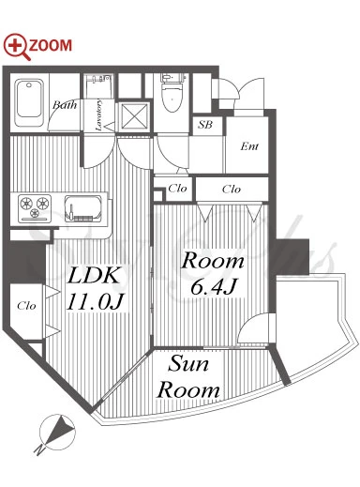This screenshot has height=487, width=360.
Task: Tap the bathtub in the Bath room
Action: (x=29, y=102)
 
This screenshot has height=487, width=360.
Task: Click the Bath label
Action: (x=65, y=105)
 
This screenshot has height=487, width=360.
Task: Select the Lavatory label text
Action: (x=98, y=115)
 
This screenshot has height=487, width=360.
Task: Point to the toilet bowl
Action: (x=172, y=93)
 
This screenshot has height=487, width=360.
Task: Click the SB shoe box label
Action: (x=205, y=125)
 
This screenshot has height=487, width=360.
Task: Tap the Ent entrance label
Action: (x=249, y=146)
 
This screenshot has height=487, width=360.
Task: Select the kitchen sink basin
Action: (x=83, y=208)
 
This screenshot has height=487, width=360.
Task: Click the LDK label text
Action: (x=94, y=275)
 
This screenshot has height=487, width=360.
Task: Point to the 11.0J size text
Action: (x=96, y=302)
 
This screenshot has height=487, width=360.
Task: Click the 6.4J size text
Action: (x=213, y=287)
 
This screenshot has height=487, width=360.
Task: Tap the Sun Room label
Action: (x=188, y=377)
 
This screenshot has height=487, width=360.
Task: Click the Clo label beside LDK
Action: (x=26, y=306)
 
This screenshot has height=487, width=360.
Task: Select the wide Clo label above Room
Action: (x=232, y=190)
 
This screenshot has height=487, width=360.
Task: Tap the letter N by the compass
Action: (x=38, y=450)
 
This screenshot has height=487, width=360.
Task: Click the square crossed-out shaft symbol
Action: (x=134, y=116)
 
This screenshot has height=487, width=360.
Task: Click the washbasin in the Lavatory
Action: (x=98, y=82)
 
